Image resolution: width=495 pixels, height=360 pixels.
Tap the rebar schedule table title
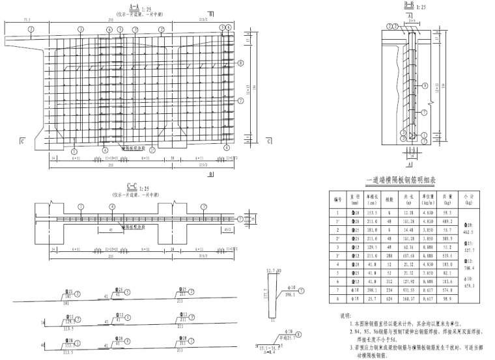[x=411, y=181]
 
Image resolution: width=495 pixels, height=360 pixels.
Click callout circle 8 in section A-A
[x=241, y=63]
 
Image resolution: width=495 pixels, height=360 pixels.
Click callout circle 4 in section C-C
[x=112, y=206]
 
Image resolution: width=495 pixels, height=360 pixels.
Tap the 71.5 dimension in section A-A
[x=27, y=20]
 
